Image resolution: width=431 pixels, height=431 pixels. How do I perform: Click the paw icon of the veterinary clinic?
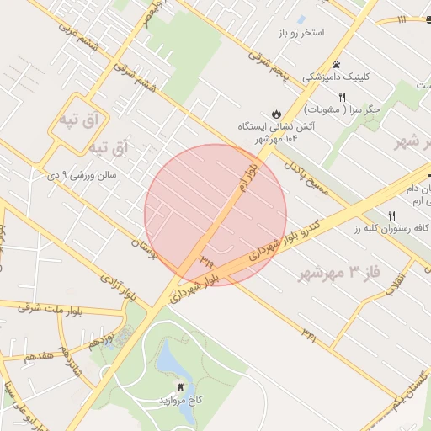(337, 64)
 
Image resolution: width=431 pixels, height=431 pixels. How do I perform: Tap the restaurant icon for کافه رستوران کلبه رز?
(392, 216)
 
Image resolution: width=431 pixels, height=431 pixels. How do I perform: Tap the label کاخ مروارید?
(182, 400)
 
